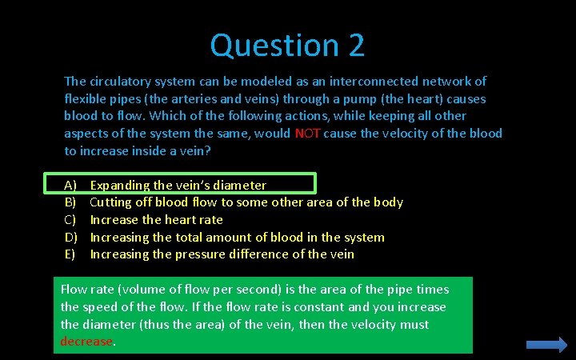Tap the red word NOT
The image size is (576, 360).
click(x=307, y=134)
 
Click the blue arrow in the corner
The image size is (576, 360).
click(x=546, y=344)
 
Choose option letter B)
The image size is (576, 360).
click(x=70, y=202)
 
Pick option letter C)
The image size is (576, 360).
click(x=70, y=220)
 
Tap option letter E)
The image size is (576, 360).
click(x=70, y=254)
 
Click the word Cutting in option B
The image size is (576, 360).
click(x=111, y=202)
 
